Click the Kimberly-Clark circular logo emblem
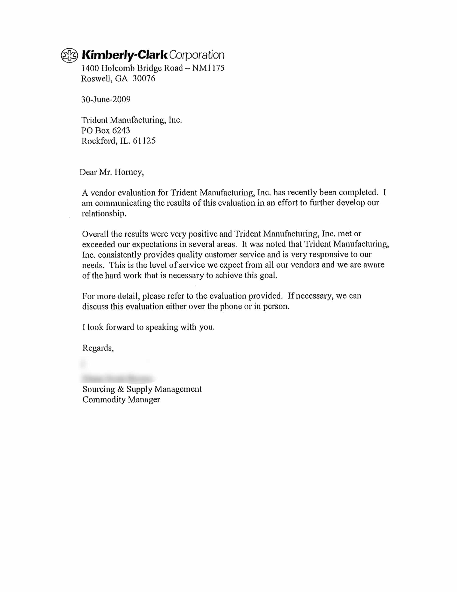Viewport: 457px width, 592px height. tap(69, 55)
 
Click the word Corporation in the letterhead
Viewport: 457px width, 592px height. tap(197, 55)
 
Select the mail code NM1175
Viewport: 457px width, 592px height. tap(208, 68)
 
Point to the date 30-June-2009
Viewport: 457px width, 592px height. tap(106, 99)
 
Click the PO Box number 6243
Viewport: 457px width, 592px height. tap(121, 130)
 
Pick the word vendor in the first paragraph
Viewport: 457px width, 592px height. tap(103, 193)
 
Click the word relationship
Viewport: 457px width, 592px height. tap(104, 214)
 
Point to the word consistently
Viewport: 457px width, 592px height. tap(119, 255)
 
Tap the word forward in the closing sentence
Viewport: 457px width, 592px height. tap(120, 327)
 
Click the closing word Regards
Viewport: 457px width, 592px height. tap(98, 348)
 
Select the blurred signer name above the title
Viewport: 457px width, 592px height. tap(117, 378)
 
